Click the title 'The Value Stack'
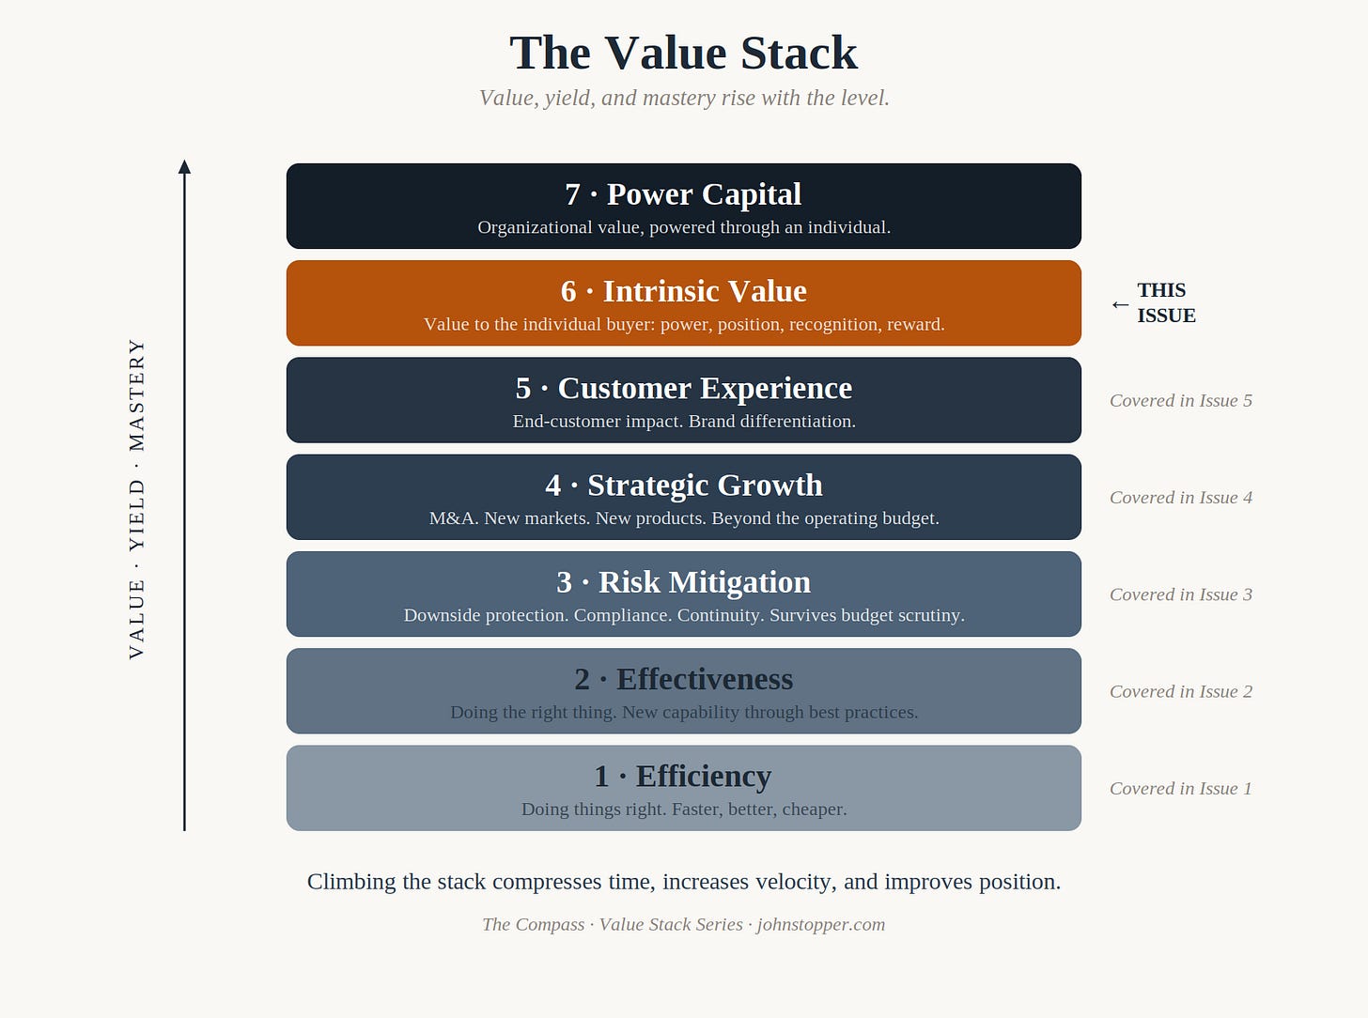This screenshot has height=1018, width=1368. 683,53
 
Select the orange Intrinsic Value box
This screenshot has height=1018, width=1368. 683,302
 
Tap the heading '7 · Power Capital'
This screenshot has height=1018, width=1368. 683,194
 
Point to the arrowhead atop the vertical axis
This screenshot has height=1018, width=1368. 184,166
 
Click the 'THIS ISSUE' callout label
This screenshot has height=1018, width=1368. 1166,302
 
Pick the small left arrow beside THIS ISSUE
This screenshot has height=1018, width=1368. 1120,304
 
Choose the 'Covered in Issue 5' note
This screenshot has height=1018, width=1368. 1180,401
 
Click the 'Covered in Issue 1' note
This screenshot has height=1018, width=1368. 1180,789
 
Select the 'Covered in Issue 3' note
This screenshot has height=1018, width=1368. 1180,594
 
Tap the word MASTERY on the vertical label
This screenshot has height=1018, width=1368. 136,394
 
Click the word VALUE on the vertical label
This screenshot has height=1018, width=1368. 136,620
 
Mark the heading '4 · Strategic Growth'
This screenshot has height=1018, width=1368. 683,486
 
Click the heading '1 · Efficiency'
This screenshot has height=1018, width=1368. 683,777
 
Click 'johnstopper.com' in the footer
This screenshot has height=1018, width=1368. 821,924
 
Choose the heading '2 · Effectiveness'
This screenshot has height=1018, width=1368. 683,680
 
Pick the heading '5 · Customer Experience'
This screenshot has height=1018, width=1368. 683,389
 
